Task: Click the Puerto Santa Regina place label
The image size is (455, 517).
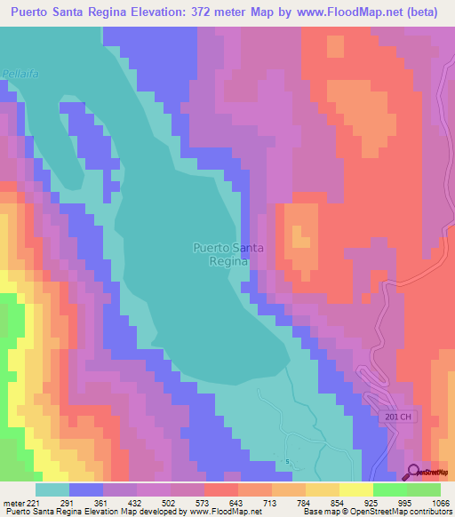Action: pos(227,255)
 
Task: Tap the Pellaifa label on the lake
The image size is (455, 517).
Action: pos(18,75)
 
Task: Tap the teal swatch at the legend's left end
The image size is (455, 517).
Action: pos(52,489)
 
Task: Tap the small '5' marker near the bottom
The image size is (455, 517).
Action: pos(288,461)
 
